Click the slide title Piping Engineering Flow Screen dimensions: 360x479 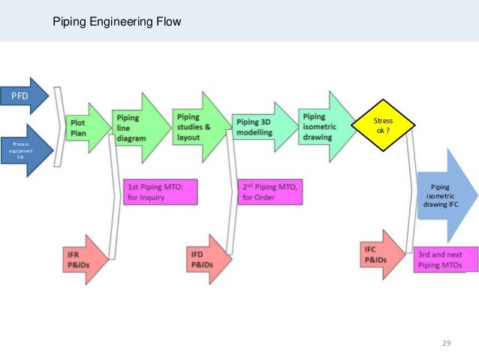coord(116,22)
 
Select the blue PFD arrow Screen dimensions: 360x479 coord(26,96)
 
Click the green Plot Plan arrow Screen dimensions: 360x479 coord(84,128)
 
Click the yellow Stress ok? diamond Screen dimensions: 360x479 coord(384,126)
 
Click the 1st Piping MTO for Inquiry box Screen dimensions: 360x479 coord(159,192)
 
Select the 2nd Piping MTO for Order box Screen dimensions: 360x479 coord(270,192)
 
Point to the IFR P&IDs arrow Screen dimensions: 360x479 coord(83,259)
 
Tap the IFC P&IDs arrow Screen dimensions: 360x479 coord(379,254)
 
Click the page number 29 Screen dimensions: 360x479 coord(446,343)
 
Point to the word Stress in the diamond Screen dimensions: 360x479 coord(384,120)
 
